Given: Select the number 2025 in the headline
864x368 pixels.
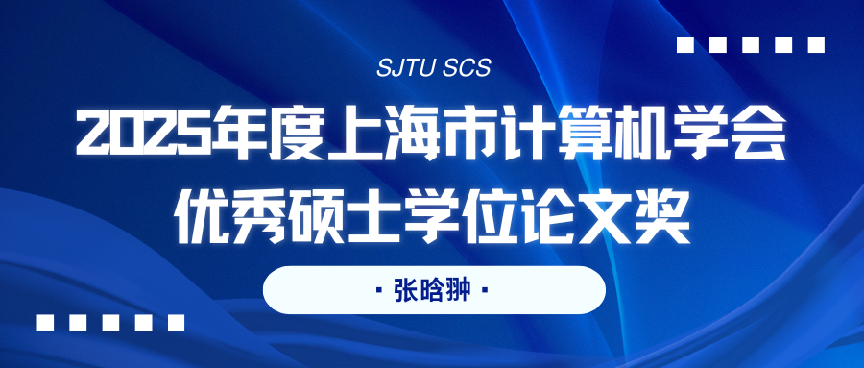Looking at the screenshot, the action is (x=143, y=133).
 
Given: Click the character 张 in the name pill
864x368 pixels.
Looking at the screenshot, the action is (x=405, y=290).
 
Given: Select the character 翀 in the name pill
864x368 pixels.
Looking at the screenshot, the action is (x=459, y=290).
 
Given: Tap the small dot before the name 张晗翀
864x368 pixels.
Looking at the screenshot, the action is (x=379, y=289).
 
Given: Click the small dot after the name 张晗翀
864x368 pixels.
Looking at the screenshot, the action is (x=485, y=289).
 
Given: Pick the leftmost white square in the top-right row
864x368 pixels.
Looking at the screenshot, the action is (x=684, y=45).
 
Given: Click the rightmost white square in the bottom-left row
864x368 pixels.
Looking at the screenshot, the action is (x=176, y=322).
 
